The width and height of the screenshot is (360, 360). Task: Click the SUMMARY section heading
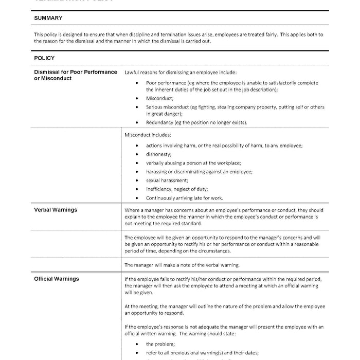click(x=48, y=18)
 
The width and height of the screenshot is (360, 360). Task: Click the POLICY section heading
click(x=44, y=58)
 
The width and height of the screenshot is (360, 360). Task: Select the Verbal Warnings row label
click(x=56, y=210)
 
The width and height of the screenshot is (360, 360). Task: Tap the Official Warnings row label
click(x=57, y=279)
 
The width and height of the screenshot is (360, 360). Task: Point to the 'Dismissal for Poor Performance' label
click(x=76, y=72)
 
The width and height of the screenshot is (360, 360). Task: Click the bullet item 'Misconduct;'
click(x=159, y=98)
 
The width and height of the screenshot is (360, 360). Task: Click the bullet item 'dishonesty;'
click(x=158, y=154)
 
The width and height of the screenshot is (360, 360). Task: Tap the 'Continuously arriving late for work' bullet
click(x=184, y=197)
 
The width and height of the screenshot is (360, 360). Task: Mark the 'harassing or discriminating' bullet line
click(x=199, y=172)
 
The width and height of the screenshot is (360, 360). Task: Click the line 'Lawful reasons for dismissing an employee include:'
click(x=181, y=73)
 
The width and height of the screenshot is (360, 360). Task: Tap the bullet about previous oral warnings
click(x=202, y=352)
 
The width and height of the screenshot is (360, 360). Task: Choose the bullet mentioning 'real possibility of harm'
click(x=224, y=146)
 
